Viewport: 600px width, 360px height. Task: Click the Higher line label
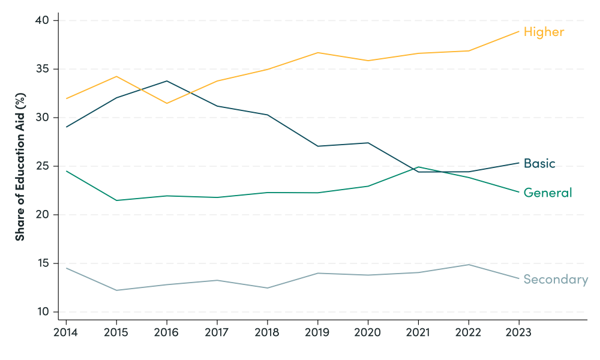(x=544, y=32)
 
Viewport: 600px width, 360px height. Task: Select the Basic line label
(x=539, y=163)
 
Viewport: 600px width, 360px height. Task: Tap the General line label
(x=547, y=193)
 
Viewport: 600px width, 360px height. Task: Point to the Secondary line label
(x=555, y=279)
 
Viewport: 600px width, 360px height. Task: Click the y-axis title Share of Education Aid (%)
(x=20, y=167)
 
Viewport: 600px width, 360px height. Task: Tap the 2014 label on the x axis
(x=65, y=332)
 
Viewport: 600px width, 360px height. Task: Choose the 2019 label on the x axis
(x=317, y=332)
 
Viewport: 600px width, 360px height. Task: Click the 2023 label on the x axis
(x=518, y=332)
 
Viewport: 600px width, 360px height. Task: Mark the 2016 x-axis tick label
(x=166, y=332)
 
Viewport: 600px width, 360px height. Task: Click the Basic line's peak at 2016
(x=166, y=81)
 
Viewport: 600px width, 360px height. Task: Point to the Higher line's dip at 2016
(x=166, y=103)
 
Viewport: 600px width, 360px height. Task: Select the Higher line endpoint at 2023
(x=518, y=31)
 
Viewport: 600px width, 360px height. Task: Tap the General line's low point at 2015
(x=116, y=200)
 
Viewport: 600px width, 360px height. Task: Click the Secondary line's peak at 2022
(x=468, y=265)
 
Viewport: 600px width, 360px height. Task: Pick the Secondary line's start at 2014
(x=66, y=268)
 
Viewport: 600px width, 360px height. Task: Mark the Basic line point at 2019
(x=317, y=146)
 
